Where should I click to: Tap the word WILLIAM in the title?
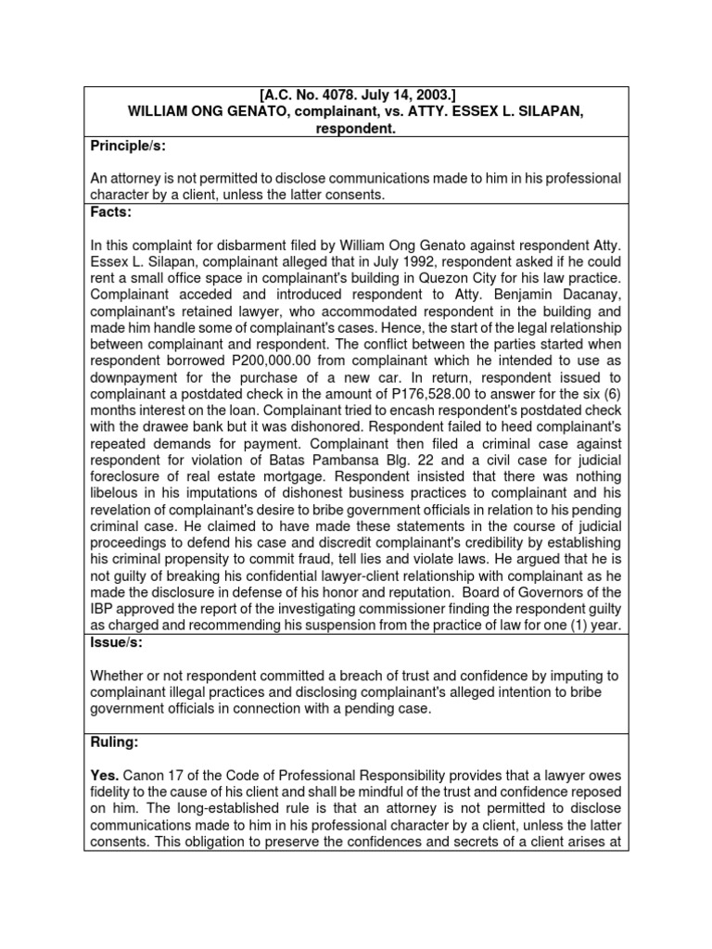(159, 112)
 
